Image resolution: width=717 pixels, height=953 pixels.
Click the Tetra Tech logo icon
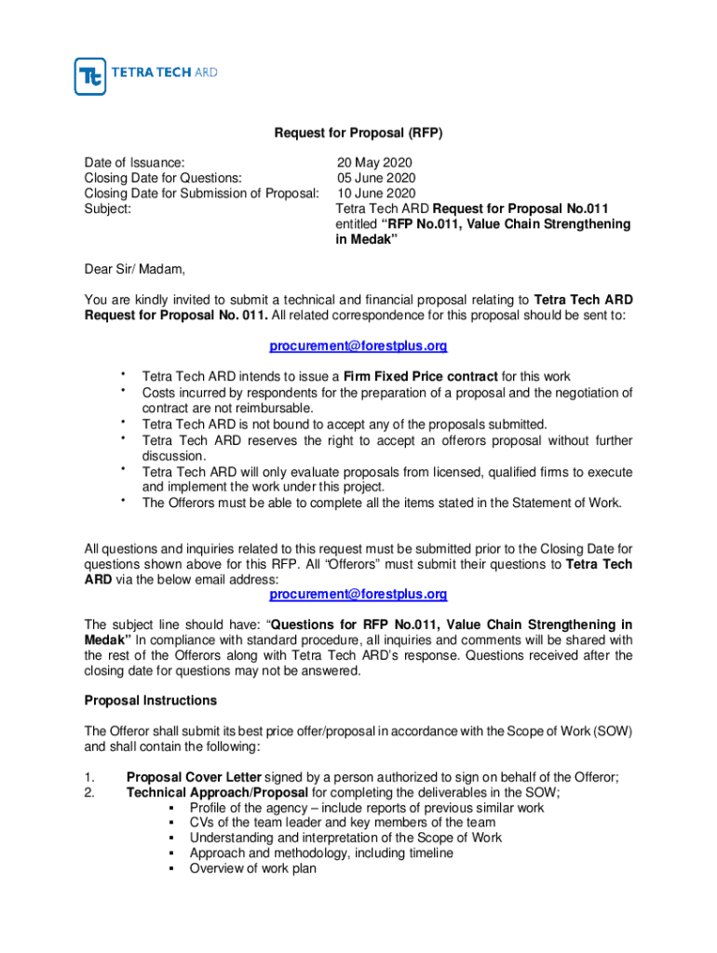[x=90, y=76]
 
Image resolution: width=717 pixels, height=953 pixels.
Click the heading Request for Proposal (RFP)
[x=358, y=133]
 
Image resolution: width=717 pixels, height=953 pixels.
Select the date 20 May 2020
[x=373, y=163]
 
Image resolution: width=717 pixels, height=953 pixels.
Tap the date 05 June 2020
[x=376, y=178]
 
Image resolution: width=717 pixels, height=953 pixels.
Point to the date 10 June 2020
[x=376, y=194]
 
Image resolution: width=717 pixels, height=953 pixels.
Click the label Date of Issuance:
[x=134, y=163]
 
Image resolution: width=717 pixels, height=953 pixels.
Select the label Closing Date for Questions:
[x=163, y=178]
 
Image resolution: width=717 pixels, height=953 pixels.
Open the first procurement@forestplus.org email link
[x=358, y=346]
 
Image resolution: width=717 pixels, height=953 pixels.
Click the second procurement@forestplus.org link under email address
[x=358, y=594]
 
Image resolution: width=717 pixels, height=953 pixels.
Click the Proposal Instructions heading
[x=150, y=700]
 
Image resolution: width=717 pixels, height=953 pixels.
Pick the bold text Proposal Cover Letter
[x=194, y=777]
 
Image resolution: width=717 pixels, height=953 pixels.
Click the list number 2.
[x=89, y=793]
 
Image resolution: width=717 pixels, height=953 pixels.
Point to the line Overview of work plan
[x=252, y=868]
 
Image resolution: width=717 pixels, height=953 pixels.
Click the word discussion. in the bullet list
[x=174, y=456]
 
